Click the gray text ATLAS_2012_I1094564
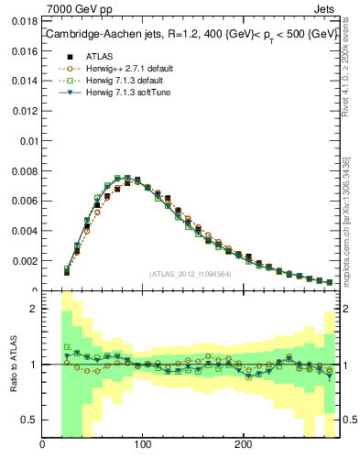click(189, 273)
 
